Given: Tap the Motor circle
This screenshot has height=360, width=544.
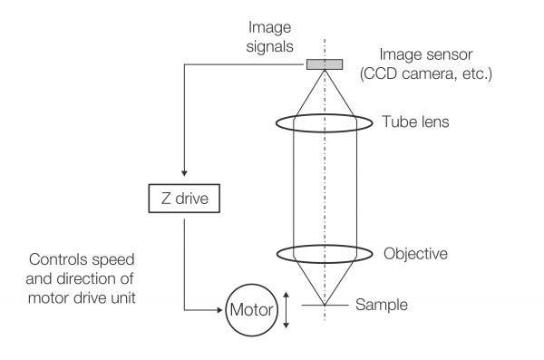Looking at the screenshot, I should (250, 311).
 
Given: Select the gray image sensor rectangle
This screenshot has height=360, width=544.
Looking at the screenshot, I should (324, 63).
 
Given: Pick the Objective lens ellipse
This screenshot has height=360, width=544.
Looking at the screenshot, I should (324, 253).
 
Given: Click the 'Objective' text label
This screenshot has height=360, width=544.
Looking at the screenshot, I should (415, 253).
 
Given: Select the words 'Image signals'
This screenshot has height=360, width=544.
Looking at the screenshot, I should (273, 35).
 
